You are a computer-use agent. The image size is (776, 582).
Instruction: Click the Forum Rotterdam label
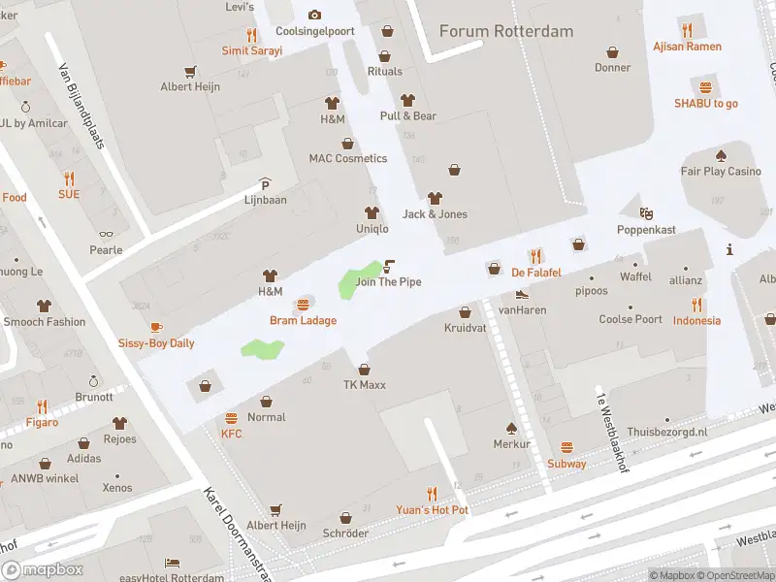[505, 31]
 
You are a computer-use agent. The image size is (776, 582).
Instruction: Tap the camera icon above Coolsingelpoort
[314, 15]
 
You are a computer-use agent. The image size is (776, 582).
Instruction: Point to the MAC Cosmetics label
[347, 158]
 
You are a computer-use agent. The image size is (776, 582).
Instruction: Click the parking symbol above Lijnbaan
[265, 184]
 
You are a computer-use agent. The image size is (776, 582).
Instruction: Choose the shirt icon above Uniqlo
[371, 212]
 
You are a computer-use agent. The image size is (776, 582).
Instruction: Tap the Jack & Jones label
[435, 214]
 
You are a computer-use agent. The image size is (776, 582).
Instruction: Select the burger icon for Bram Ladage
[303, 305]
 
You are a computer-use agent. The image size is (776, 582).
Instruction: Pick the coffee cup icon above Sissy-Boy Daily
[156, 327]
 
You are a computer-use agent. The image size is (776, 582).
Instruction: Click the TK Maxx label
[364, 385]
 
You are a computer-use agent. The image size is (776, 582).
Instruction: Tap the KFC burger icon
[231, 418]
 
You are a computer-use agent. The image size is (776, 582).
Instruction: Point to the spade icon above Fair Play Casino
[720, 155]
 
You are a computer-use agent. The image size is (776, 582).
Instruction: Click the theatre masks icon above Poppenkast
[646, 213]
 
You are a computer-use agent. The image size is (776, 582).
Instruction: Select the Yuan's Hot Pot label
[432, 509]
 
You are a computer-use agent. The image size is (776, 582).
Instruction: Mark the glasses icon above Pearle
[107, 234]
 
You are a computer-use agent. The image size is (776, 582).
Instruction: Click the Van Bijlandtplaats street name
[81, 106]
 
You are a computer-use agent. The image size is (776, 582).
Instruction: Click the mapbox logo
[42, 569]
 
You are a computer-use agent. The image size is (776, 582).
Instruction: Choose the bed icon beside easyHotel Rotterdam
[172, 563]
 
